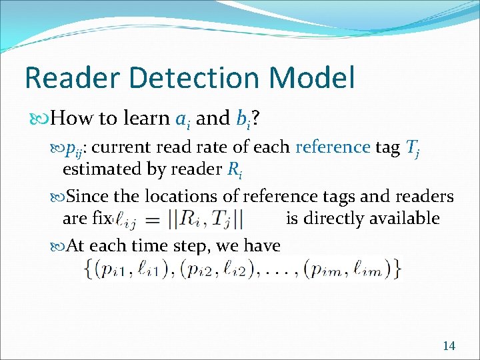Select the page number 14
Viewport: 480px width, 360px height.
pos(449,345)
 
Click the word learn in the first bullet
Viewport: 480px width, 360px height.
pos(144,119)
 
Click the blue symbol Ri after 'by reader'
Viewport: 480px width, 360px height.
pos(233,170)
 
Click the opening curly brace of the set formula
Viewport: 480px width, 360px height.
pos(89,268)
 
